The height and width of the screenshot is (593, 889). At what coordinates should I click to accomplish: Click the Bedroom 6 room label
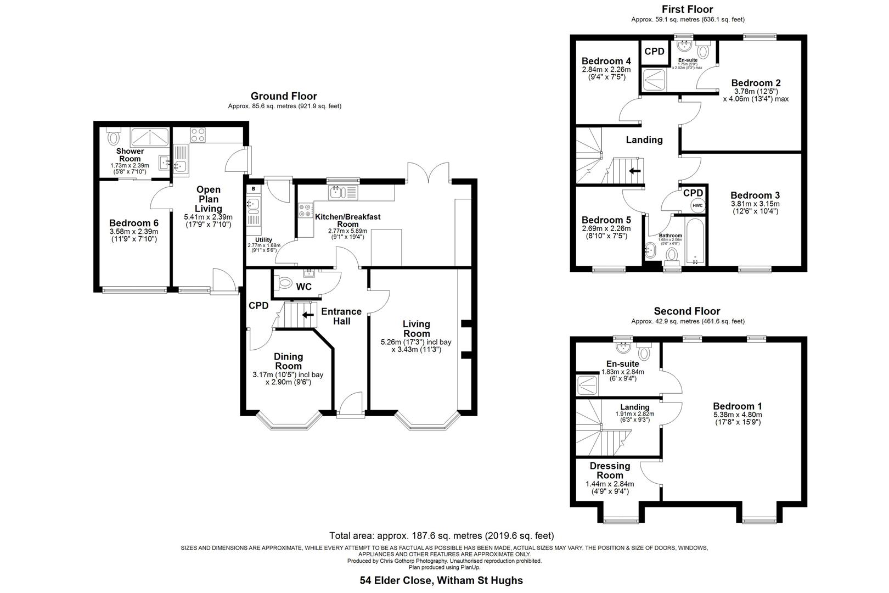coord(133,223)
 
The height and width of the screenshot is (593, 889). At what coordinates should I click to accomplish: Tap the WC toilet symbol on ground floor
coord(285,283)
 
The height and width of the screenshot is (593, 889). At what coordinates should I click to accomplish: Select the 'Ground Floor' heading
coord(284,96)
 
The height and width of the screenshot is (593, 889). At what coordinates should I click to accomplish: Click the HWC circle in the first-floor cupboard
coord(697,205)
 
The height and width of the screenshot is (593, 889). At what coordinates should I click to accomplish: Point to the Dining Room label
coord(288,361)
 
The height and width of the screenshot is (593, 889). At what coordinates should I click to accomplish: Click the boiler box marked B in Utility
coord(253,189)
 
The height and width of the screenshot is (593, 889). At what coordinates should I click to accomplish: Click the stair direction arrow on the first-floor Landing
coord(635,171)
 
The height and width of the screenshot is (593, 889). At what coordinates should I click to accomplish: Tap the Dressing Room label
coord(610,471)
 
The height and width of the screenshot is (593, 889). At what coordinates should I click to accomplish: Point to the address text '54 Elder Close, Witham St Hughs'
coord(441,580)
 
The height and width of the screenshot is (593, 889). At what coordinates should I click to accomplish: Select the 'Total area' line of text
coord(441,535)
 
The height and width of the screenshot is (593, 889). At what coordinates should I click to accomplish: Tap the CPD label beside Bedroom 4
coord(654,51)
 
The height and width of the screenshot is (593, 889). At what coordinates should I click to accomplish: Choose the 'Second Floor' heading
coord(687,311)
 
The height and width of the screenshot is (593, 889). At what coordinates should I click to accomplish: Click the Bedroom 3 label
coord(755,195)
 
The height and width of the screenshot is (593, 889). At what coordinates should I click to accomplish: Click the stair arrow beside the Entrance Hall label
coord(308,315)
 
